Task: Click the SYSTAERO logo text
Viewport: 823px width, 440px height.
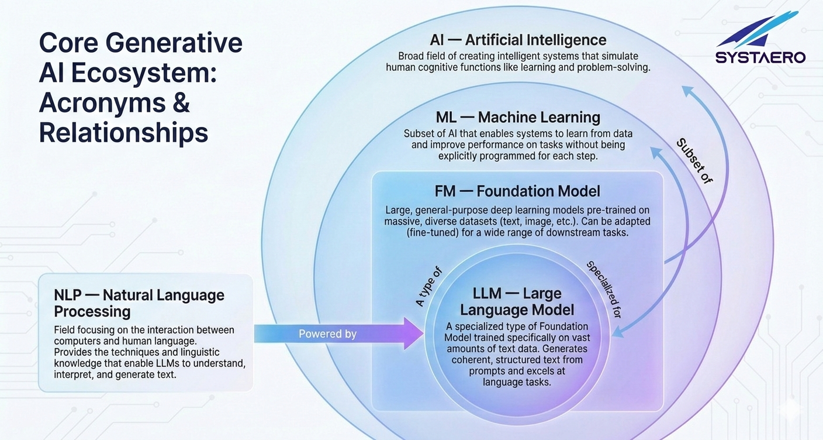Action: (x=760, y=57)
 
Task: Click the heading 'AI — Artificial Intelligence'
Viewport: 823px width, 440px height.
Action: (x=518, y=40)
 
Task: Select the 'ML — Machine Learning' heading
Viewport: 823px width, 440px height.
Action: (x=518, y=118)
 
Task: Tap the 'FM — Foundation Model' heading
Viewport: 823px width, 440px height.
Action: (x=517, y=191)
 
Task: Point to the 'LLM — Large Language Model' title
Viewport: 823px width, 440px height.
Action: (x=517, y=302)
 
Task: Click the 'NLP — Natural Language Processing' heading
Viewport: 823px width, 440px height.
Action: (x=139, y=303)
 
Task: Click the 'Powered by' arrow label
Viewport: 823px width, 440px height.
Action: (x=327, y=334)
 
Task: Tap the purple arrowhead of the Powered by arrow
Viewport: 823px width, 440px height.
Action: (x=413, y=334)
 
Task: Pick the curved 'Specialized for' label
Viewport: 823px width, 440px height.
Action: (x=603, y=289)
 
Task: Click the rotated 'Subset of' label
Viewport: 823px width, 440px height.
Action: (x=694, y=161)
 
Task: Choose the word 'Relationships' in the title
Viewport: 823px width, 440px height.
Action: (x=123, y=133)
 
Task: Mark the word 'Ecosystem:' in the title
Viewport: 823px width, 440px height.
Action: (x=143, y=73)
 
